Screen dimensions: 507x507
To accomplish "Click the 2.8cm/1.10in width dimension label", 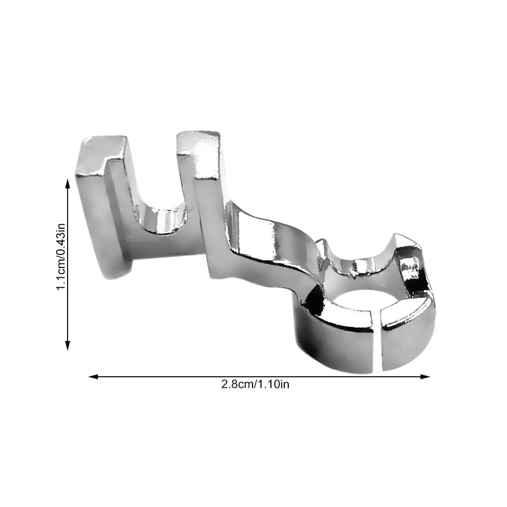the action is pos(255,384).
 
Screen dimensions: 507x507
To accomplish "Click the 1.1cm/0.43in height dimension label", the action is pos(61,257).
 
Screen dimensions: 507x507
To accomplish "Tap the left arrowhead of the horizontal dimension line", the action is pos(93,376).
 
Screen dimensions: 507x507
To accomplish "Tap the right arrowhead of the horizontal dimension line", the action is pos(425,376).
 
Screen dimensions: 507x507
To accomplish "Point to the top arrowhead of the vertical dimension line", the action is pos(68,184).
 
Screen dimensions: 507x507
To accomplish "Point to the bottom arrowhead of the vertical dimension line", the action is pos(68,345).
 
